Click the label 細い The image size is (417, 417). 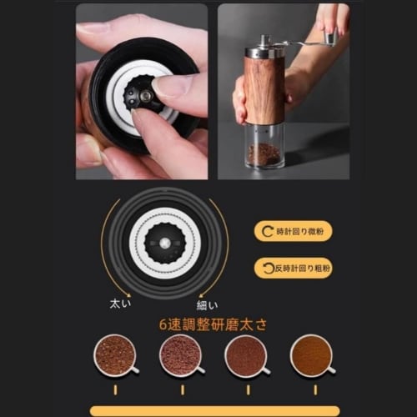click(x=208, y=304)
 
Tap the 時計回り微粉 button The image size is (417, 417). click(x=293, y=231)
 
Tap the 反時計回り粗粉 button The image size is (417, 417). click(x=293, y=268)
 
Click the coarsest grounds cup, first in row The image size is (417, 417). click(x=115, y=356)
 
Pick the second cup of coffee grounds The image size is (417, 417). click(x=180, y=356)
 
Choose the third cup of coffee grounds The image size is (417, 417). click(x=246, y=356)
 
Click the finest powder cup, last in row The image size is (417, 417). click(x=311, y=356)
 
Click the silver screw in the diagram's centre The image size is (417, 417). click(x=164, y=243)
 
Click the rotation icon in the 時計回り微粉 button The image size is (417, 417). click(x=268, y=231)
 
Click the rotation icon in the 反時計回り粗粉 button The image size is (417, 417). click(x=268, y=268)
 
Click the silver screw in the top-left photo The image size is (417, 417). click(x=145, y=96)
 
